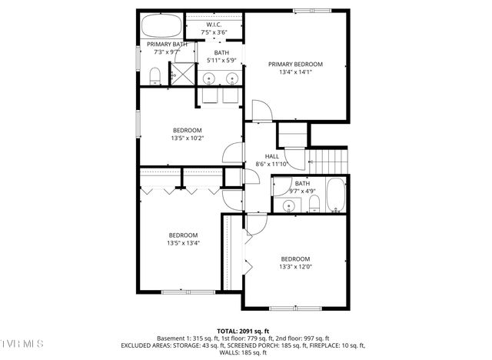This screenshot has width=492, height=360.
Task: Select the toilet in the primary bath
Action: coord(154,75)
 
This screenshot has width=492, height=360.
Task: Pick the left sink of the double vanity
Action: coord(210,78)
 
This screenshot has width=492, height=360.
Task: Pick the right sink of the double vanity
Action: coord(231,78)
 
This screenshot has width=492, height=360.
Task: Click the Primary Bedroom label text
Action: coord(295,65)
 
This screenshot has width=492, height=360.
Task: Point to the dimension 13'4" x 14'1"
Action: coord(295,74)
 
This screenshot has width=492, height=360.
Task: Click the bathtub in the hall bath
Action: coord(337,197)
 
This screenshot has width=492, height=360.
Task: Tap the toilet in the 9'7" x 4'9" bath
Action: coord(314,203)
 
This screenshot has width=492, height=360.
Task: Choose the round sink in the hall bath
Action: coord(289,205)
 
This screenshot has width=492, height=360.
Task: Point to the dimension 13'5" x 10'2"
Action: coord(187,138)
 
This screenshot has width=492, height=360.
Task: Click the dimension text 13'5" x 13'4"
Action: coord(183,244)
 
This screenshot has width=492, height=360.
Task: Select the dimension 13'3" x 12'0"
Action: coord(295,267)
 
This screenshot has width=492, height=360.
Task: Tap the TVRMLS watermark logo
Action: coord(23,341)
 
